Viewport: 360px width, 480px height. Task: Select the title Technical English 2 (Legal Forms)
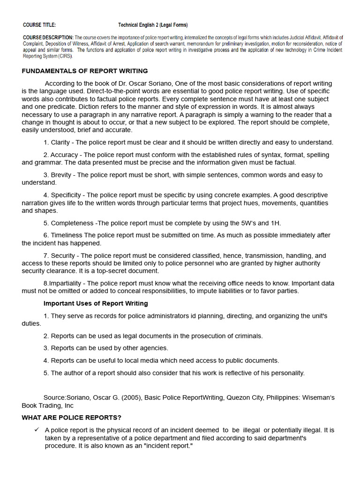[x=153, y=25]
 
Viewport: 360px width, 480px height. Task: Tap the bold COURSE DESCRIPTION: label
[x=48, y=37]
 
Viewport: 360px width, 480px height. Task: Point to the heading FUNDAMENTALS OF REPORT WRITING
[x=85, y=71]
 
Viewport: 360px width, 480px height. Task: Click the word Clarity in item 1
[x=60, y=142]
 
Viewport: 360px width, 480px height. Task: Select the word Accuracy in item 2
[x=64, y=155]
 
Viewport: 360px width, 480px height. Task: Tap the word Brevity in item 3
[x=61, y=175]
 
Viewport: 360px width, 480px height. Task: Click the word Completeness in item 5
[x=72, y=223]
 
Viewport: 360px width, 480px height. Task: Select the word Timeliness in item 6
[x=67, y=235]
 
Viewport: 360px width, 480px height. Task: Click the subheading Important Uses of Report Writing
[x=96, y=303]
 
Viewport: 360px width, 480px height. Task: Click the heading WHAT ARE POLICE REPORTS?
[x=71, y=418]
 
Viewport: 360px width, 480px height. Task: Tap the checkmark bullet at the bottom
[x=36, y=430]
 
